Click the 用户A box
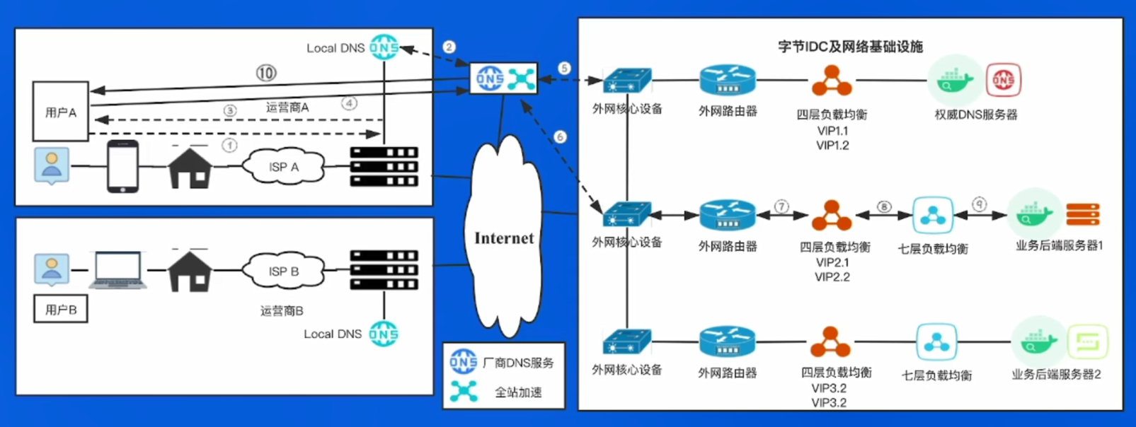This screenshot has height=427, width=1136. (x=61, y=112)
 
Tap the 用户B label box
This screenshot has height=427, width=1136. (x=61, y=309)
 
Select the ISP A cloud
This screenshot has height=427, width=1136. (x=284, y=166)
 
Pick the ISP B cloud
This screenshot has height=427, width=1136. (x=284, y=271)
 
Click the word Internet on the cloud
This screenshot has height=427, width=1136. (x=504, y=238)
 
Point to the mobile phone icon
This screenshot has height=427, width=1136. (x=122, y=166)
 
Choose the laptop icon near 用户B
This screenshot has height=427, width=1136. (x=118, y=270)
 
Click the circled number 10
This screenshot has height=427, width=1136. (x=266, y=74)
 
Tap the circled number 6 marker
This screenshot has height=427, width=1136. (x=560, y=136)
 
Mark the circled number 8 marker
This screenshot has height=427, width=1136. (x=884, y=206)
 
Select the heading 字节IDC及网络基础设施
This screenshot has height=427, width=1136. (x=851, y=47)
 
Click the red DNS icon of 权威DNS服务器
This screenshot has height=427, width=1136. (x=1004, y=79)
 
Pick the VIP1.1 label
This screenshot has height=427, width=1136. (x=832, y=131)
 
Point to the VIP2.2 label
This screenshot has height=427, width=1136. (x=832, y=277)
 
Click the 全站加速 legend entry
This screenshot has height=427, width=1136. (x=518, y=392)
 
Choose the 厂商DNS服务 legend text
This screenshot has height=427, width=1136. (x=518, y=363)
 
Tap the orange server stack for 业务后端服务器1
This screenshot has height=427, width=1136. (x=1083, y=213)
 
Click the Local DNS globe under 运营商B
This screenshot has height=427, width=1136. (x=384, y=334)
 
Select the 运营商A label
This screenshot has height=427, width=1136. (x=287, y=107)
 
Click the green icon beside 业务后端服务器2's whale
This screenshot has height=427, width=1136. (x=1088, y=342)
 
